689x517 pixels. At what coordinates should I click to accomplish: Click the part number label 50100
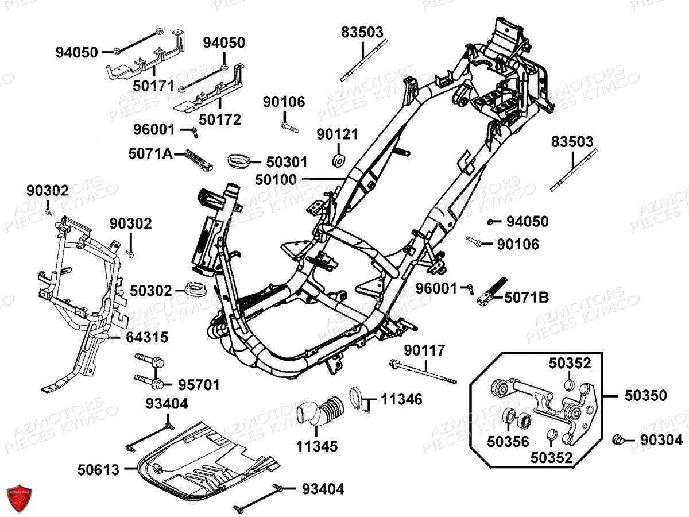(x=277, y=180)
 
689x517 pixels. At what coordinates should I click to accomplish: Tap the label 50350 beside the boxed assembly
(x=645, y=395)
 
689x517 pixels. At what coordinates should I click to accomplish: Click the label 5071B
(x=527, y=298)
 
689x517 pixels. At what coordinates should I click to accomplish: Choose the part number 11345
(x=318, y=446)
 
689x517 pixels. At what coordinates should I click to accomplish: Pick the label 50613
(x=99, y=470)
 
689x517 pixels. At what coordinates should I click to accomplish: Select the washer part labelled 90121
(x=339, y=160)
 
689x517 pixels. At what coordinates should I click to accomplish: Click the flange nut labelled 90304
(x=620, y=440)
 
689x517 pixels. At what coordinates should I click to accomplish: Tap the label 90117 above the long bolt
(x=424, y=350)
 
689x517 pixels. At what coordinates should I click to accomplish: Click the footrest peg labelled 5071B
(x=491, y=290)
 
